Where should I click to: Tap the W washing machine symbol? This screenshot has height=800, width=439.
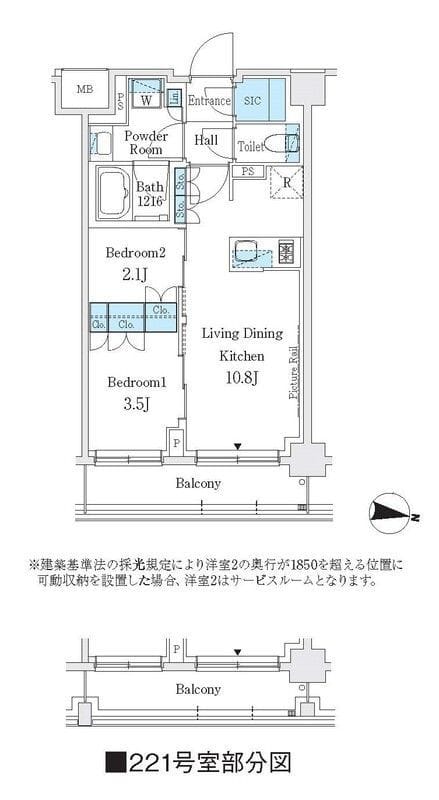point(146,100)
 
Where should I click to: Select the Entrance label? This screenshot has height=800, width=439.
point(210,101)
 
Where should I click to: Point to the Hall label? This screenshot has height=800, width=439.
point(206,140)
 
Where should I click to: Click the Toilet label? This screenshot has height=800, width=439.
point(251,146)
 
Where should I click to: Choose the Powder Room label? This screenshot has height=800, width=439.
point(146,141)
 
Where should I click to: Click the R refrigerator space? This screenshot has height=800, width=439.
point(287,184)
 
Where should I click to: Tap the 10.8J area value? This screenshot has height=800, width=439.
point(243,378)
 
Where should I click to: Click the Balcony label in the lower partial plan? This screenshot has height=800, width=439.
point(198,690)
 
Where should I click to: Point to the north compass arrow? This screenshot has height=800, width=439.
point(391,513)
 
